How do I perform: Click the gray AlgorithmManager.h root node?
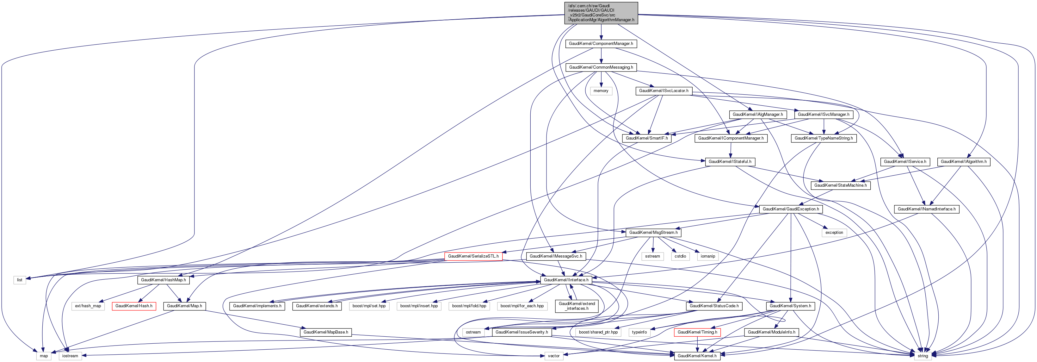tap(601, 13)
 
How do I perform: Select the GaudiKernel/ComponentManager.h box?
tap(601, 43)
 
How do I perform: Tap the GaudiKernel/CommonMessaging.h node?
tap(601, 67)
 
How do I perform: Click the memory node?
tap(601, 91)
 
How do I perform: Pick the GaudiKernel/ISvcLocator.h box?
tap(664, 91)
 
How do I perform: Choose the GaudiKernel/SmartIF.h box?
tap(646, 138)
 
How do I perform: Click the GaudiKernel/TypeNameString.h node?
tap(824, 138)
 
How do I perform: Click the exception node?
tap(834, 233)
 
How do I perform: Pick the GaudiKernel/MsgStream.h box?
tap(653, 233)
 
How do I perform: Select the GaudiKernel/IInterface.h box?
tap(566, 280)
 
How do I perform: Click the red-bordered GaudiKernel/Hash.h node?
tap(134, 306)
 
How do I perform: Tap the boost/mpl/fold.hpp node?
tap(469, 306)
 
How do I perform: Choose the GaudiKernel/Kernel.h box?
tap(697, 356)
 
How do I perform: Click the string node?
tap(922, 356)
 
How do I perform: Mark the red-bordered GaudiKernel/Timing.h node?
tap(697, 332)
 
